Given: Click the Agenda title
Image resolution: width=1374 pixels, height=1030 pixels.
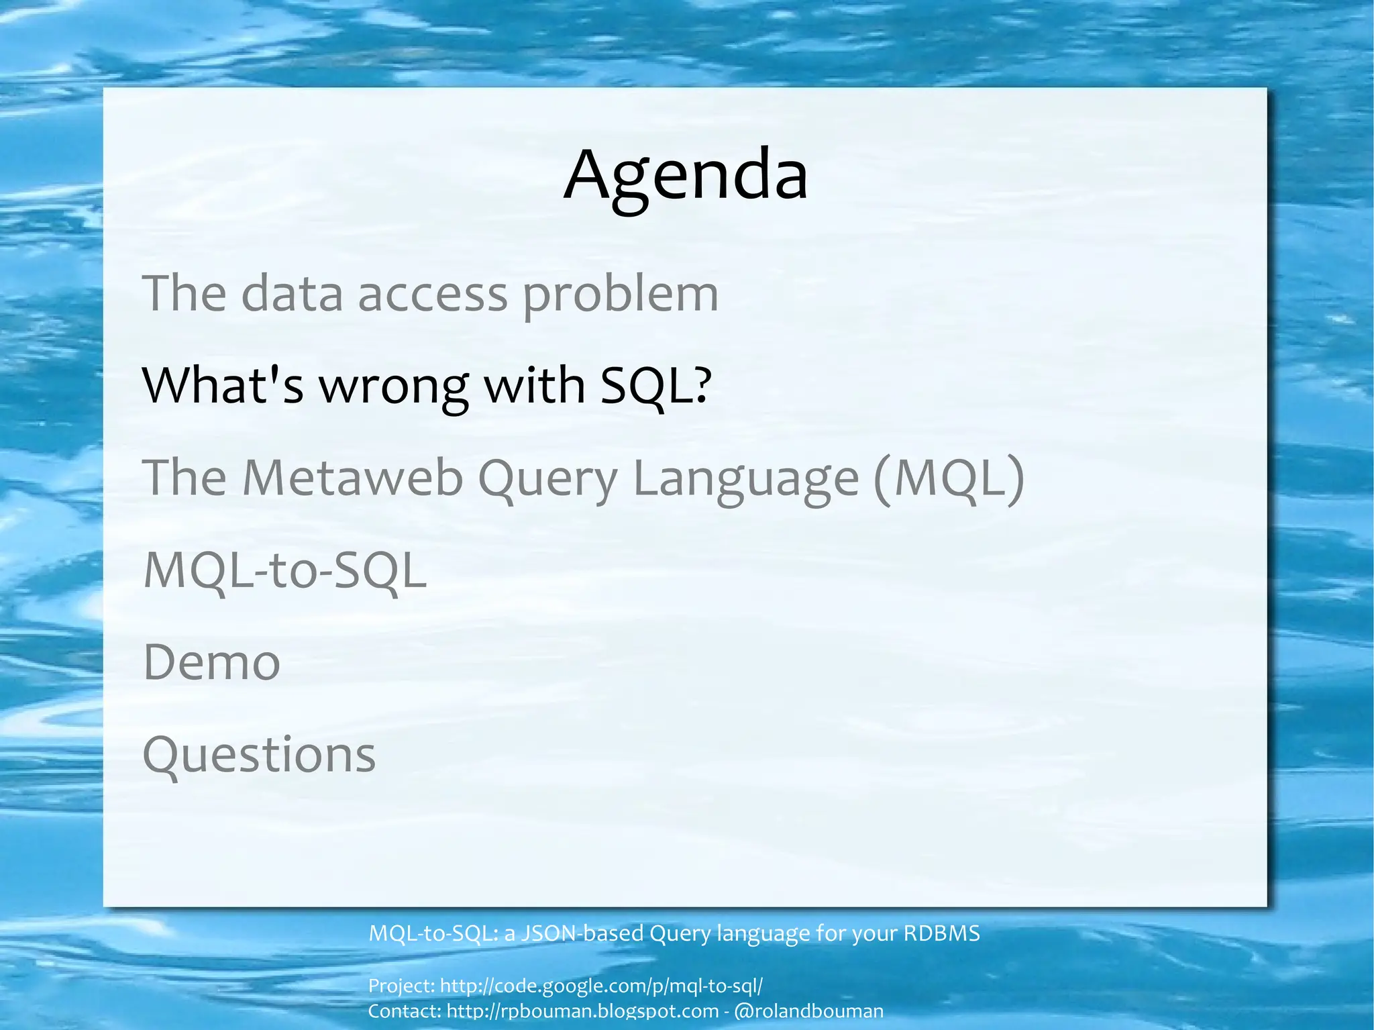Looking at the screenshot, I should tap(686, 176).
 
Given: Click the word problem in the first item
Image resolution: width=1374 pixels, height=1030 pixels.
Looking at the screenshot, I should tap(620, 294).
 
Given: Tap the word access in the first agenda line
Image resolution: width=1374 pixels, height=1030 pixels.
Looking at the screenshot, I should tap(433, 295).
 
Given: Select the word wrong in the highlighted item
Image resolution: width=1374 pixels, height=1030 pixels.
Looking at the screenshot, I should tap(393, 387).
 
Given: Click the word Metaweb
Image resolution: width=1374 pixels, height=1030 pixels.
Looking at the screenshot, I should tap(352, 478).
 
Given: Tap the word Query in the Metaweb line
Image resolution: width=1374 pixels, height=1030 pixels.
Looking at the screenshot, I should tap(547, 479).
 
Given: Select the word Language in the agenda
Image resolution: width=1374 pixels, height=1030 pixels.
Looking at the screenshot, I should tap(745, 479).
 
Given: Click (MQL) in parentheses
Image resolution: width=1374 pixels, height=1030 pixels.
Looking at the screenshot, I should tap(949, 478).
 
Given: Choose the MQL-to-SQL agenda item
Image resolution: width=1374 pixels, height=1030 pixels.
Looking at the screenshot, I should tap(285, 570).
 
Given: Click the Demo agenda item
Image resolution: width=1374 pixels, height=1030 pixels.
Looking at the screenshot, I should tap(211, 662).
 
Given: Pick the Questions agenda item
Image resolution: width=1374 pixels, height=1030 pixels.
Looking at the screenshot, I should tap(259, 755).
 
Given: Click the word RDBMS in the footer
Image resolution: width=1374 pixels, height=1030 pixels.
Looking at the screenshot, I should tap(941, 933).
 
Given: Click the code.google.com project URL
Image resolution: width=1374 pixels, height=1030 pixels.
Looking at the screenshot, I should tap(601, 986).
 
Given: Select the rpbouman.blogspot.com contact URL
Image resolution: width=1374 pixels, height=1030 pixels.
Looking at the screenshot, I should tap(582, 1011).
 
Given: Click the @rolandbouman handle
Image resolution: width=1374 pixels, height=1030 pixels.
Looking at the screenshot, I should tap(809, 1011).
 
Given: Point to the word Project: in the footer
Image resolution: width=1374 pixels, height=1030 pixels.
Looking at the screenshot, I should tap(401, 986).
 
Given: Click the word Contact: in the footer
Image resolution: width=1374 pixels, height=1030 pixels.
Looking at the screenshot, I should tap(405, 1011).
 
